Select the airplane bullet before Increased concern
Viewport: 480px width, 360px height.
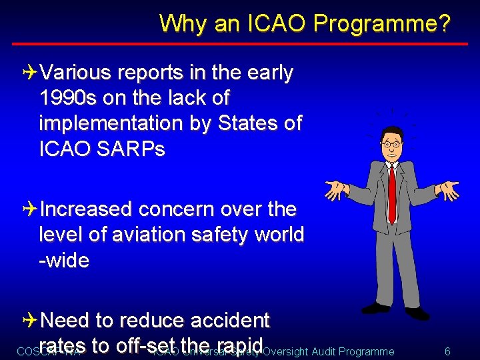click(32, 209)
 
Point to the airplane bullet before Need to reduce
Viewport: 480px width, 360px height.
click(32, 321)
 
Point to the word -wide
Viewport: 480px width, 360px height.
click(64, 260)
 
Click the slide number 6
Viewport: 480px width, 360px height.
click(447, 351)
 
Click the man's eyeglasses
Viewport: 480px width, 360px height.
click(391, 143)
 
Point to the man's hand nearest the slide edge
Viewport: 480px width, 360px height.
click(447, 191)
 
